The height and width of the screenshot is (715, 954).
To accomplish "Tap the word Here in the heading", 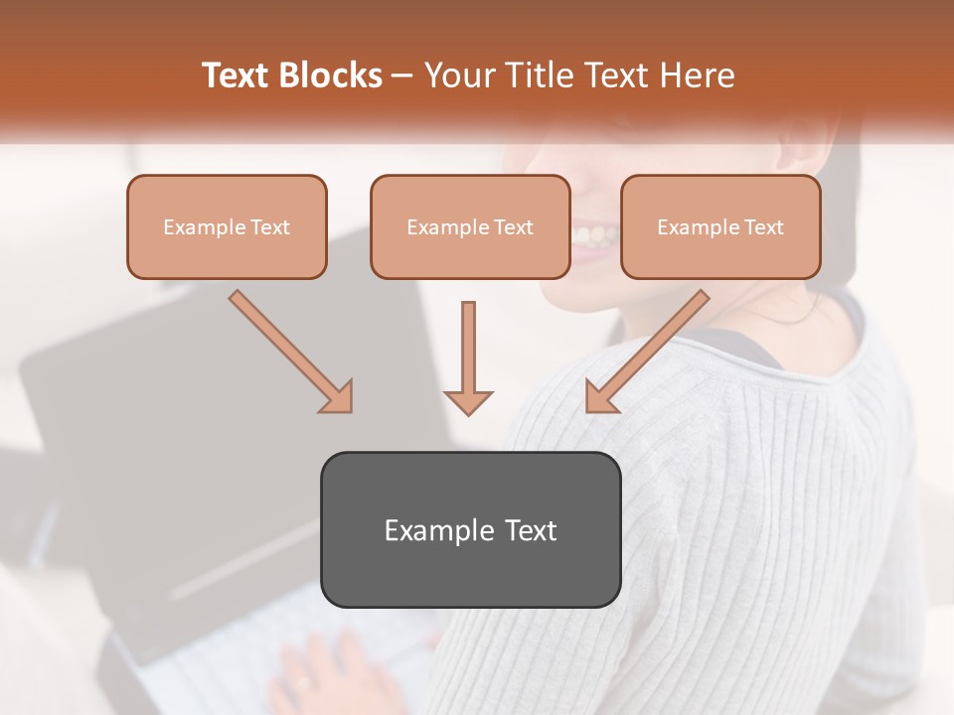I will (x=696, y=75).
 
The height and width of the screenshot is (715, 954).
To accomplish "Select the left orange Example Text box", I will (x=227, y=227).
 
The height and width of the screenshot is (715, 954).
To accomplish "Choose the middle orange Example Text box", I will (x=470, y=227).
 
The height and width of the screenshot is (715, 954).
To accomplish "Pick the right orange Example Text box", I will (x=720, y=227).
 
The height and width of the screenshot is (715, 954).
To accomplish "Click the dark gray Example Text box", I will (x=470, y=530).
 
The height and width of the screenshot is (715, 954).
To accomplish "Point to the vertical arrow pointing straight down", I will (x=468, y=357).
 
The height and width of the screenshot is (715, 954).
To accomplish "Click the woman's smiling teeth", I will (x=595, y=236).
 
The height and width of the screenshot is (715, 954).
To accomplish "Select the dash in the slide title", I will (x=403, y=75).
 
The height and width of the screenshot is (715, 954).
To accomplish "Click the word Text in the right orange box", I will (x=763, y=227).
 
